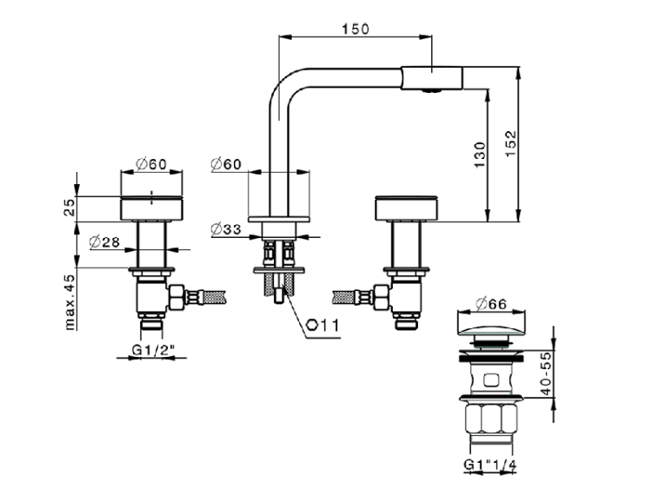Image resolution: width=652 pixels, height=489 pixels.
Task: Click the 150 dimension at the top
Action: click(356, 28)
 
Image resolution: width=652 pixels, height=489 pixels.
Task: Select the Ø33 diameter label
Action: click(225, 229)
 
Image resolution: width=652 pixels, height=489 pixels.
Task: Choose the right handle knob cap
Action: click(407, 208)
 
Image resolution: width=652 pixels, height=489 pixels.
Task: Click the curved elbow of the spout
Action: click(284, 85)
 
